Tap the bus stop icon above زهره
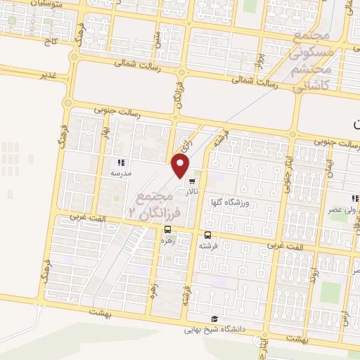[167, 229]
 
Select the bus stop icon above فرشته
[207, 236]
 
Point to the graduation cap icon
[214, 319]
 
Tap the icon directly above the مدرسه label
[120, 162]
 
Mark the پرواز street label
[259, 50]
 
